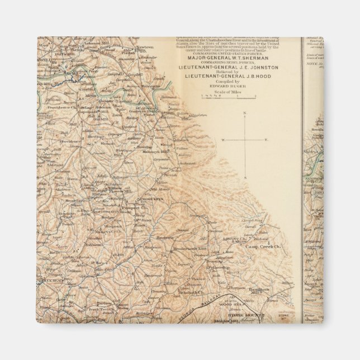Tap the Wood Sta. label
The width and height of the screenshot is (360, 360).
coord(245,302)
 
